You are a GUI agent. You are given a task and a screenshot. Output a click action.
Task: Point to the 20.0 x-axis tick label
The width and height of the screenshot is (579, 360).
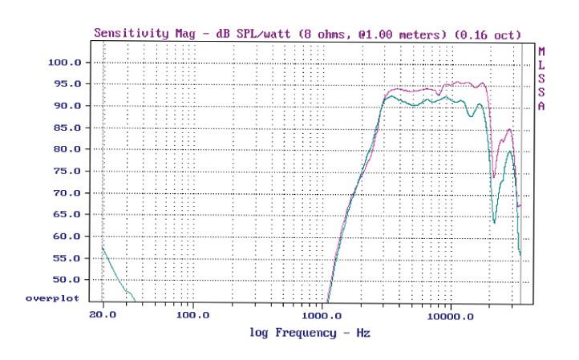(x=104, y=315)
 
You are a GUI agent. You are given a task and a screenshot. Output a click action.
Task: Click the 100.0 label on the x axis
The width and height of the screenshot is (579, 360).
(x=193, y=315)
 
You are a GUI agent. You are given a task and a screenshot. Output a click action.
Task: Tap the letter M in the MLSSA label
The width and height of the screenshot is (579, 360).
(x=541, y=51)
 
